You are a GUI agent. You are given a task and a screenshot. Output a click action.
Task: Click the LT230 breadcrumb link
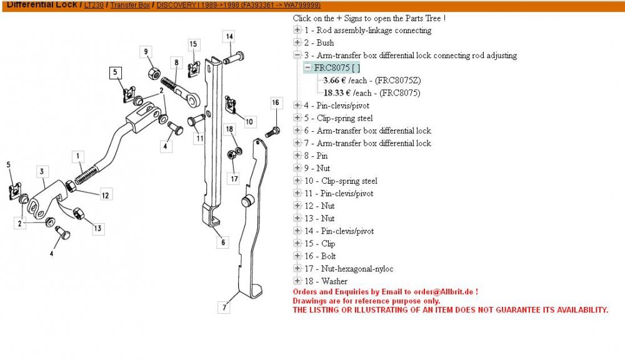(94, 5)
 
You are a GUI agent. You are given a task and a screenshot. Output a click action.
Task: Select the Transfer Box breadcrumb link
(130, 5)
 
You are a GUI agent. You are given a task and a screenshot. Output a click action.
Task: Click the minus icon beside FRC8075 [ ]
(307, 67)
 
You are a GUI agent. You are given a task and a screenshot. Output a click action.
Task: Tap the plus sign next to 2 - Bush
(297, 42)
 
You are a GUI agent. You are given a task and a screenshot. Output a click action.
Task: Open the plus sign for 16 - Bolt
(297, 256)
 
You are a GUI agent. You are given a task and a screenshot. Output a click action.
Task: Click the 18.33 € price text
(333, 93)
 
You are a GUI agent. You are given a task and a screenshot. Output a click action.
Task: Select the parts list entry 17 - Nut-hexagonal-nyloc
(349, 269)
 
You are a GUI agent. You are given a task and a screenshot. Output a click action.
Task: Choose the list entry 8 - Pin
(316, 156)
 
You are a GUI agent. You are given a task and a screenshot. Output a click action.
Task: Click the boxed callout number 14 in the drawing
(229, 37)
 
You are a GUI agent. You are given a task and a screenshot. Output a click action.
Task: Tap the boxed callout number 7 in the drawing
(224, 307)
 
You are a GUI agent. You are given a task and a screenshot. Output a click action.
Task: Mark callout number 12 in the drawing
(105, 195)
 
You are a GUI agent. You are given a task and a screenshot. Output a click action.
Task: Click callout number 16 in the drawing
(276, 103)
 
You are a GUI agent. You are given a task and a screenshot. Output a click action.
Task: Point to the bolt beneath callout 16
(272, 132)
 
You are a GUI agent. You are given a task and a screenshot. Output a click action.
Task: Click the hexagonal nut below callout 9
(154, 74)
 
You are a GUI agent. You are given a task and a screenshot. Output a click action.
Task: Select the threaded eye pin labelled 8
(180, 92)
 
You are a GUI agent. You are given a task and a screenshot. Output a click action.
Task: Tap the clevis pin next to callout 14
(234, 57)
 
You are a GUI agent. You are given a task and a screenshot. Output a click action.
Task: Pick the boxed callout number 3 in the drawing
(42, 171)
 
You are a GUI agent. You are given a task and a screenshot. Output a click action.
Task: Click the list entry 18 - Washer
(326, 281)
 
